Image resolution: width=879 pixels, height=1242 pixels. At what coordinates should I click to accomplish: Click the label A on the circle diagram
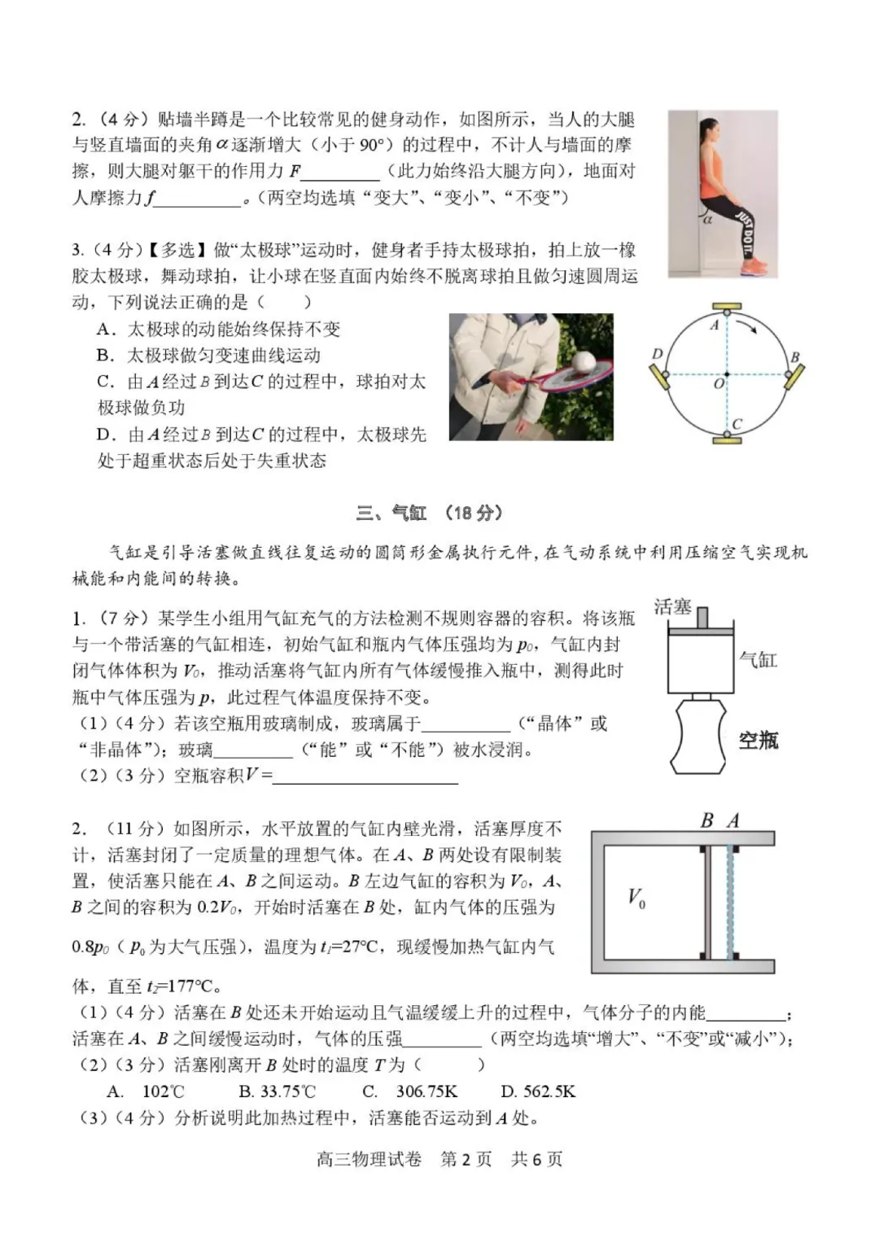pyautogui.click(x=715, y=326)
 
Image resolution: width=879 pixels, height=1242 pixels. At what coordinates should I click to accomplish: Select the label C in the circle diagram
pyautogui.click(x=737, y=423)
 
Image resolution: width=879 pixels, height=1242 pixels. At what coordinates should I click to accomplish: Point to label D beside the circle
pyautogui.click(x=658, y=353)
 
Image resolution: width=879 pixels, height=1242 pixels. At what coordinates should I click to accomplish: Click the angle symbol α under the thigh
pyautogui.click(x=707, y=219)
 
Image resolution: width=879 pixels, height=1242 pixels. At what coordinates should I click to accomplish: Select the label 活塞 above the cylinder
pyautogui.click(x=672, y=607)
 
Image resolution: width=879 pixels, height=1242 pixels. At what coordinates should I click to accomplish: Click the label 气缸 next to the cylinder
pyautogui.click(x=758, y=659)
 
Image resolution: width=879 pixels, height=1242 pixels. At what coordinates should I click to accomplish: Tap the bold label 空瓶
pyautogui.click(x=758, y=740)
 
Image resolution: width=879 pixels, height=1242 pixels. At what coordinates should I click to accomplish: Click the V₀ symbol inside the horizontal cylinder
pyautogui.click(x=636, y=899)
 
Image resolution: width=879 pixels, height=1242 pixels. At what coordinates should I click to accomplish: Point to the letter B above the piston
pyautogui.click(x=706, y=820)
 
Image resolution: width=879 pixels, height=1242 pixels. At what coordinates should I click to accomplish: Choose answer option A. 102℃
pyautogui.click(x=146, y=1091)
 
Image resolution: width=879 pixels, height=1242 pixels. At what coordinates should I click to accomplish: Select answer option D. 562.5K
pyautogui.click(x=538, y=1091)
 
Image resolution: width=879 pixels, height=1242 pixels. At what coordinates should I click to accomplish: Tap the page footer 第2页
pyautogui.click(x=466, y=1160)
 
